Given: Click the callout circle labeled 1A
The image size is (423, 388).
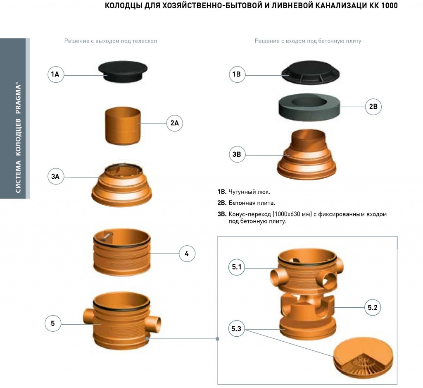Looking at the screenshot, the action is coord(56,74).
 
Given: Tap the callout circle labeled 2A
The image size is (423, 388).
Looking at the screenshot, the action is coord(175,123).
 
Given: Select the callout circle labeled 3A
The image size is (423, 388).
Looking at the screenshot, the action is coord(56,177).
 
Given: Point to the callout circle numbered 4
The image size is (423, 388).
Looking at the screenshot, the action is coord(187,254).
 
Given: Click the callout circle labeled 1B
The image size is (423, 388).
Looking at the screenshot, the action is coord(237,74).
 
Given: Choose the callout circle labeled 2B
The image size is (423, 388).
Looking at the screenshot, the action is coord(373,107).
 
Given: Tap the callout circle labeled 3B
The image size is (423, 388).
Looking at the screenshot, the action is coord(237,154).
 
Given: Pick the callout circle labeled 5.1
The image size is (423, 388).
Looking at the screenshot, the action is coord(237,267).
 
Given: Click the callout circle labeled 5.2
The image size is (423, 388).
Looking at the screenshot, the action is coord(373,307).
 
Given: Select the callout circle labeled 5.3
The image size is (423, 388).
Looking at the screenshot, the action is coord(236,329).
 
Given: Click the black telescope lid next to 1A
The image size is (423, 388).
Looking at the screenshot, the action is coord(123,72).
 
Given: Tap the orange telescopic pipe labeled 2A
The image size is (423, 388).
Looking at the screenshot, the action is coord(123,126).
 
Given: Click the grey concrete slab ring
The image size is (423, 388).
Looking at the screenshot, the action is coord(309,107).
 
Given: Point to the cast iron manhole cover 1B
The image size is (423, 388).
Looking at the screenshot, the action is coord(311,72).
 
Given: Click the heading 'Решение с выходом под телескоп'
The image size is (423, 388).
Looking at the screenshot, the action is coord(111,41).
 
